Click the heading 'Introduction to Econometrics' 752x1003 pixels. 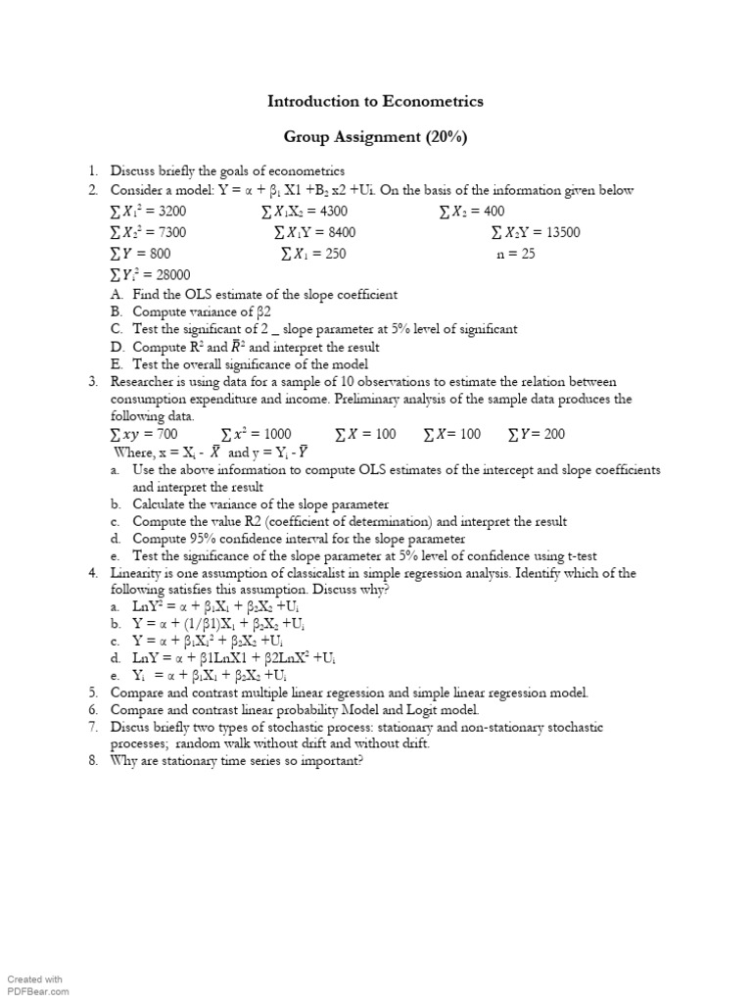pos(376,101)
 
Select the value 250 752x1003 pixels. pos(333,254)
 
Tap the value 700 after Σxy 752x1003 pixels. pos(165,434)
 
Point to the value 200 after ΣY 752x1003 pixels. pos(553,434)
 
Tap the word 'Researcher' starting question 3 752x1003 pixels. pos(144,382)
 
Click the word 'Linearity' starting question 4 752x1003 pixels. pos(139,573)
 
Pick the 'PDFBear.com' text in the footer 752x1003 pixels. pos(34,991)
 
